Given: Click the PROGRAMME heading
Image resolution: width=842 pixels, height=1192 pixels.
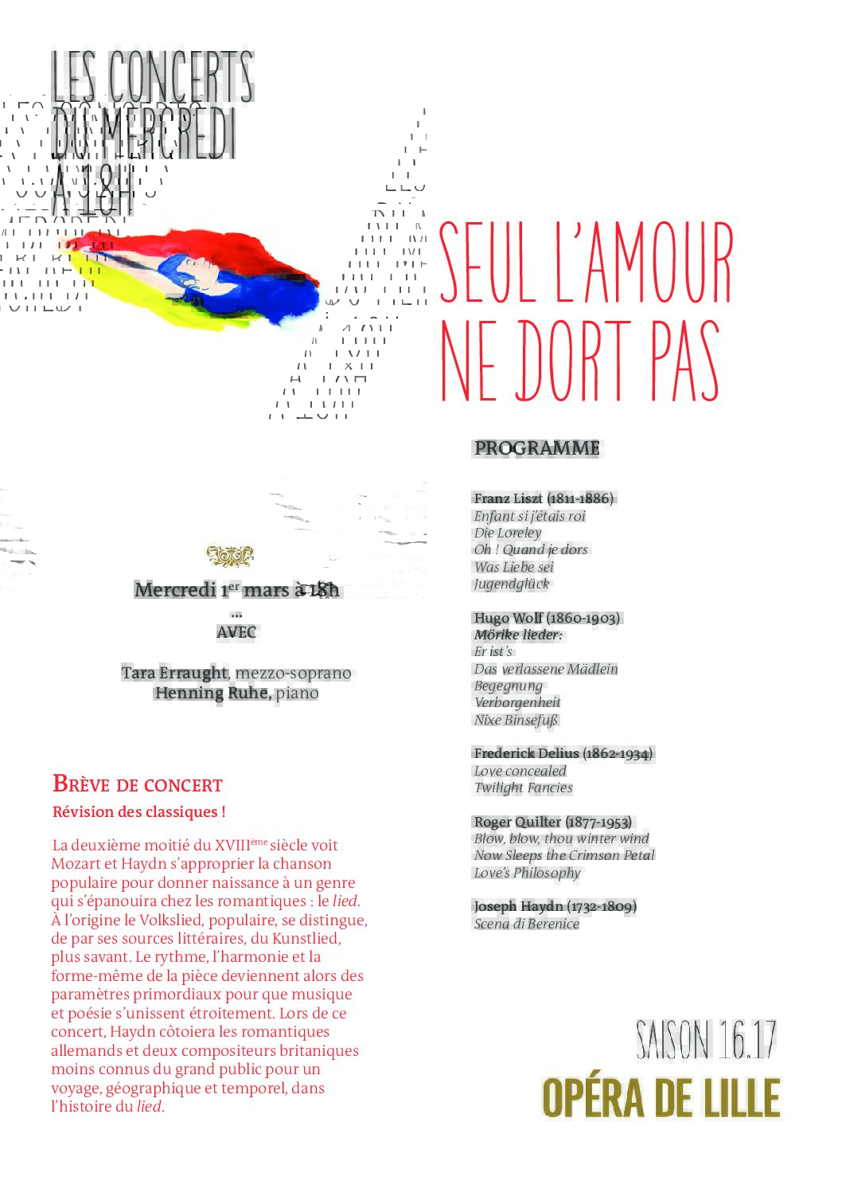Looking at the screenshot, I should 536,448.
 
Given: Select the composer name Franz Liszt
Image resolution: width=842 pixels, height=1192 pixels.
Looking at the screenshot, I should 508,498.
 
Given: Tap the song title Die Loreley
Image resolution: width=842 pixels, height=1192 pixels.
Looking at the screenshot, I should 508,533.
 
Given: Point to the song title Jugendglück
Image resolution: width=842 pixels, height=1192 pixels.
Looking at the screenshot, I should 512,584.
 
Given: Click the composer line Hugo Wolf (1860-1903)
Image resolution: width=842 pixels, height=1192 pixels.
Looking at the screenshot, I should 547,618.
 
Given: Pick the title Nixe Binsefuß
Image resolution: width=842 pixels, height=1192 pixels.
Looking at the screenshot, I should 516,720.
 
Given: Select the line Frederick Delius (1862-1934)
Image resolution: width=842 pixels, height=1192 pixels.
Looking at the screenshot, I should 563,753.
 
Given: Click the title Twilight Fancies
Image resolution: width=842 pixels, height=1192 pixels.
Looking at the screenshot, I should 523,788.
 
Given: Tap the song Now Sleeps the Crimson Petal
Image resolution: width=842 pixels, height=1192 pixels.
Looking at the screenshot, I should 564,855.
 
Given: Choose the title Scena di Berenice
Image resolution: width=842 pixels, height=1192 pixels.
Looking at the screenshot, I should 526,924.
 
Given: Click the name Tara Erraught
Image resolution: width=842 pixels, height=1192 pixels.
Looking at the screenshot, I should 173,673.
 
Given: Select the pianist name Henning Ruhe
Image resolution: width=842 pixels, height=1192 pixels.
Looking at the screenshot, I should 212,693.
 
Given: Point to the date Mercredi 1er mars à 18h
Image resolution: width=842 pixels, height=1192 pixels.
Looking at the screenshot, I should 236,590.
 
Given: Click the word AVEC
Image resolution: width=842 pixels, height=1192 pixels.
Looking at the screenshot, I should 236,632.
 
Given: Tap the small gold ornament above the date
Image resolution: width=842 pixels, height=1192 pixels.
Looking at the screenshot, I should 230,556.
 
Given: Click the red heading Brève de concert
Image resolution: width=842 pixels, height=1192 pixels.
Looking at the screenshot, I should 138,784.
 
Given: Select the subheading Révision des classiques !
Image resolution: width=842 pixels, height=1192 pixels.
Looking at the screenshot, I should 139,812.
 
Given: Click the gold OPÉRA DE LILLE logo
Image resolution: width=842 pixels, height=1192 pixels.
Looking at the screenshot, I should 661,1099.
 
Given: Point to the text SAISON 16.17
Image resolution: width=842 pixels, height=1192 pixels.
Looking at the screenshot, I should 706,1040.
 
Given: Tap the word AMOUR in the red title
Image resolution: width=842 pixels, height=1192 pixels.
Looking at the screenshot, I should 658,263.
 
